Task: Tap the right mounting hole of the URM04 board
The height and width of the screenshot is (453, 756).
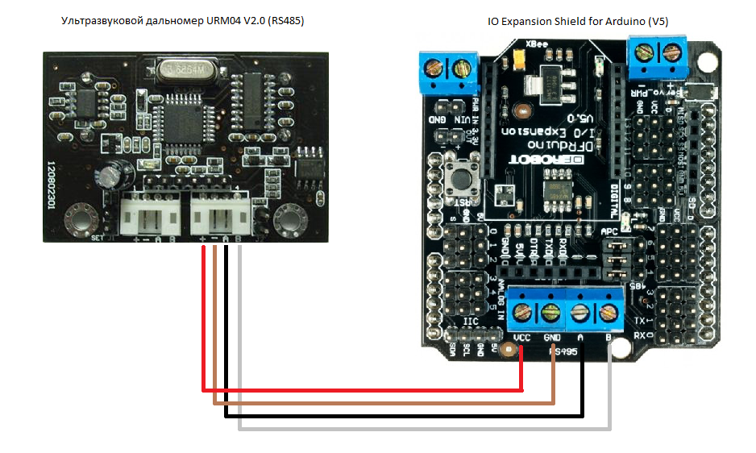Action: coord(289,219)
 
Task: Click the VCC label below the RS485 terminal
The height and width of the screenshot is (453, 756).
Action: coord(521,337)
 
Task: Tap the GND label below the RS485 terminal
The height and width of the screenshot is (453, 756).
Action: coord(553,337)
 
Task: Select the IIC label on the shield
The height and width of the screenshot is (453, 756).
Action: coord(471,321)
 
